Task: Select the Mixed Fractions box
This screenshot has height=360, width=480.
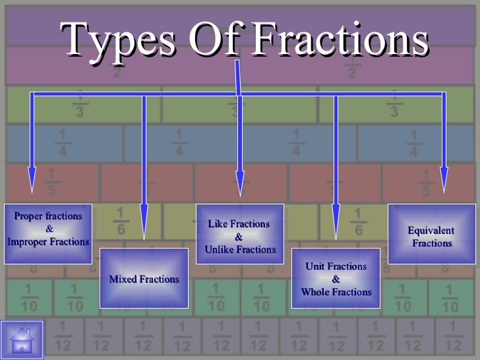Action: point(144,278)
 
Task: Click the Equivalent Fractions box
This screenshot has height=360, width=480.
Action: point(432,236)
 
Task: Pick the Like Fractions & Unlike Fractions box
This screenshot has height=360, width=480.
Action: point(240,236)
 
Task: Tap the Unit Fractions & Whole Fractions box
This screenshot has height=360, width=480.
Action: point(336,278)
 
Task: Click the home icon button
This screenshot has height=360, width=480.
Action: point(22,340)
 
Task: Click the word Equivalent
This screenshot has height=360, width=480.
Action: point(431,231)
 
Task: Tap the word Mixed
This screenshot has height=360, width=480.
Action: point(123,280)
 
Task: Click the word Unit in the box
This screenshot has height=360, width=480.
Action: point(316,266)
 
